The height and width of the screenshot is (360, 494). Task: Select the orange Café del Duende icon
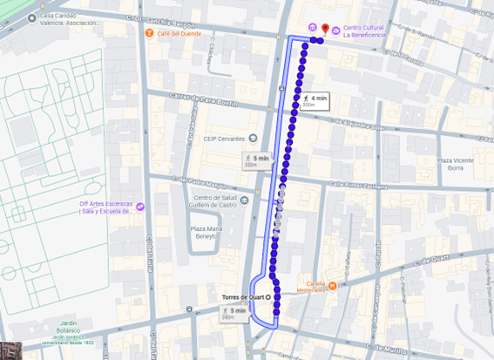tap(148, 33)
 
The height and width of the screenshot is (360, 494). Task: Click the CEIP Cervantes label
tap(222, 137)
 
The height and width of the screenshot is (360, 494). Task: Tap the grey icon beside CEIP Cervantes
tap(253, 137)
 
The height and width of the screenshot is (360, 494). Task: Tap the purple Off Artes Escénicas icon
tap(140, 207)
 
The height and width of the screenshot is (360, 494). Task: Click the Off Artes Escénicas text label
tap(105, 207)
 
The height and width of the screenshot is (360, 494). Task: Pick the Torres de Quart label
tap(241, 296)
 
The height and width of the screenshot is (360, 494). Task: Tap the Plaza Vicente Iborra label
tap(456, 164)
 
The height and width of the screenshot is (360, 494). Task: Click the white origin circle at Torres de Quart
tap(268, 296)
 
